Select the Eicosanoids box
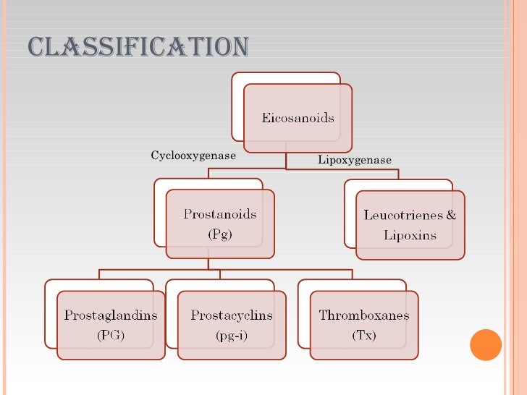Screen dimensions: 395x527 coord(298,117)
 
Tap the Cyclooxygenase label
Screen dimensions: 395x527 coord(193,156)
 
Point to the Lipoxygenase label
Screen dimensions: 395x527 coord(354,160)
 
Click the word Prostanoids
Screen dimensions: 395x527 coord(219,214)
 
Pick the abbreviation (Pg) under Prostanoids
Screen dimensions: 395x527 coord(219,234)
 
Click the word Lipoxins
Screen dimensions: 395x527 coord(410,235)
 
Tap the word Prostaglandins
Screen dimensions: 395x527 coord(110,315)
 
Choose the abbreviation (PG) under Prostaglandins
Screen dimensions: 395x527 coord(110,335)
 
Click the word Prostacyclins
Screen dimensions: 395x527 coord(232,315)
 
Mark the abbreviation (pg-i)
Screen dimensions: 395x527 coord(232,335)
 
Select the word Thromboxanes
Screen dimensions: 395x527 coord(363,315)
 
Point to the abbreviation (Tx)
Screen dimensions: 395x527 coord(363,335)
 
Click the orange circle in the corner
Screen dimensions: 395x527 coord(486,344)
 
